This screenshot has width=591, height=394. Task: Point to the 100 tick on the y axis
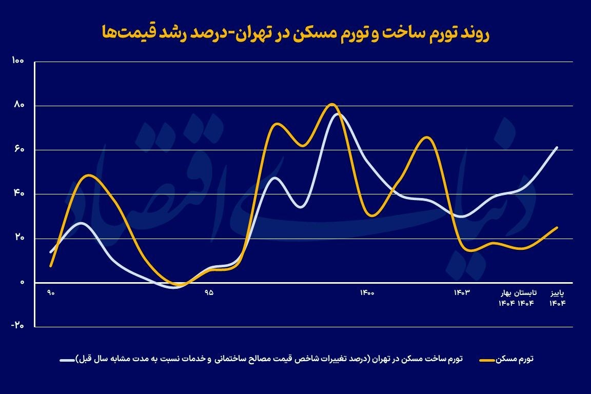click(17, 62)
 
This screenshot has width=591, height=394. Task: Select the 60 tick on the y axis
click(18, 150)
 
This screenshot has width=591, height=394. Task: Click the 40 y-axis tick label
click(18, 194)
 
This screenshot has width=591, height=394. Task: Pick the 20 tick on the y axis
click(18, 238)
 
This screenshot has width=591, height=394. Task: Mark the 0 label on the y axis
click(22, 282)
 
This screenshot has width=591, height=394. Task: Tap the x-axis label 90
click(51, 293)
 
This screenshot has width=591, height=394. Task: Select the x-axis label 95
click(209, 293)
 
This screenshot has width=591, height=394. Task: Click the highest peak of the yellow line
click(332, 104)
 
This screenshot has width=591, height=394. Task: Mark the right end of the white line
click(557, 147)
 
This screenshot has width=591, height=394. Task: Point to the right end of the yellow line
click(557, 227)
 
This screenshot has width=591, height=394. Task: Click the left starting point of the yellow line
click(51, 266)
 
